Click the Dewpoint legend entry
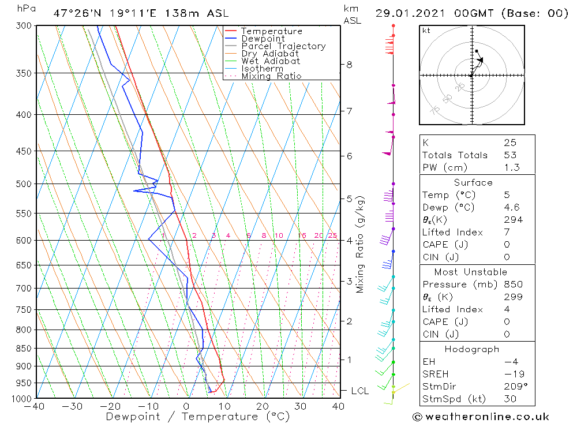click(263, 39)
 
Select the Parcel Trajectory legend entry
click(283, 46)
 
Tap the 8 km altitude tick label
click(349, 65)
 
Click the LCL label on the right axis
click(359, 391)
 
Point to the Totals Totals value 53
click(510, 155)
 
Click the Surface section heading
click(473, 183)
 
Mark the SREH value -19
click(511, 374)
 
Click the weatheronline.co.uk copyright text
click(481, 417)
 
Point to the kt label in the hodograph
click(426, 31)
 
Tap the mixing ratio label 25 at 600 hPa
click(332, 235)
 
